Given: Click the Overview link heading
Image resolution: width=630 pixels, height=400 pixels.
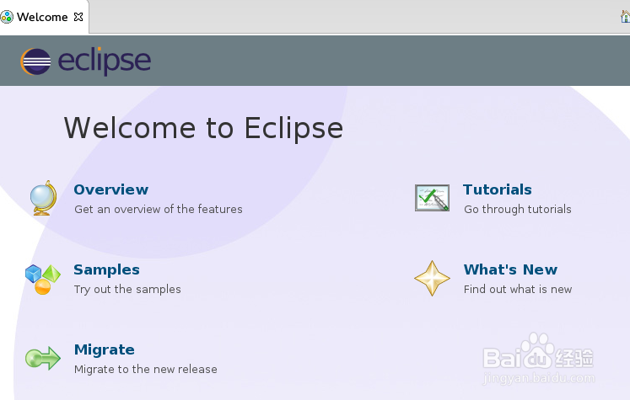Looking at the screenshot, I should (x=110, y=189).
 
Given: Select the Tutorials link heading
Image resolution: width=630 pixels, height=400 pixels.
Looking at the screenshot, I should (x=497, y=189).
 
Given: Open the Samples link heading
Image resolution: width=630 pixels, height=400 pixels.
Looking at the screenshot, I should (x=106, y=269).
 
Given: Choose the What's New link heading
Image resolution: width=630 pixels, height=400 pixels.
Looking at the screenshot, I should (x=510, y=269).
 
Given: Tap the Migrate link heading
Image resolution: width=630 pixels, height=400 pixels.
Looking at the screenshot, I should (x=104, y=349).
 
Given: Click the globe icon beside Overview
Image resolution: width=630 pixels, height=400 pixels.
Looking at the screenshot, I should (x=42, y=198).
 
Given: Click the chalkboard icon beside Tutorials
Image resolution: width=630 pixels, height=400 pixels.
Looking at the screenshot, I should (x=432, y=198).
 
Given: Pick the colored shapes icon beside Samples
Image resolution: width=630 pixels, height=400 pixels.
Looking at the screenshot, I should (x=42, y=279).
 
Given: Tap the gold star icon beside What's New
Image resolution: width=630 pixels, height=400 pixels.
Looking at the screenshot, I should (x=432, y=278).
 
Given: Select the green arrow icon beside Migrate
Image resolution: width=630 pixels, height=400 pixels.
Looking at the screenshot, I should (x=42, y=359).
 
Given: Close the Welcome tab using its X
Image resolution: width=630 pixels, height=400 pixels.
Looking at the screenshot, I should (x=78, y=17).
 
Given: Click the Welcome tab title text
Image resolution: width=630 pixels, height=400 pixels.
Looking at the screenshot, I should (x=42, y=17).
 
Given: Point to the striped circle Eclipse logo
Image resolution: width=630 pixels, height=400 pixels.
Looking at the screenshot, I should (x=35, y=61).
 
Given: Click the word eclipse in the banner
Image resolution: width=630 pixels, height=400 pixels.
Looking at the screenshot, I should (x=104, y=61).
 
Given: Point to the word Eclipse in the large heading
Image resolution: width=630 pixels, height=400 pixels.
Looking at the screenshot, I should (x=293, y=128).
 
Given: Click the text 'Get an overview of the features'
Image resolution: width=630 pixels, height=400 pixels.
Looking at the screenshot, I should (x=158, y=209).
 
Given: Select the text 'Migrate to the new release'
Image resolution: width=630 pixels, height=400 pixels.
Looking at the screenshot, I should (x=145, y=369).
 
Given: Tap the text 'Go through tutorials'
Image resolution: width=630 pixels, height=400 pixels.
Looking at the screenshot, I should (x=517, y=209).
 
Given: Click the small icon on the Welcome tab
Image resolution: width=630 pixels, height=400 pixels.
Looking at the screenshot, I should (x=8, y=17).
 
